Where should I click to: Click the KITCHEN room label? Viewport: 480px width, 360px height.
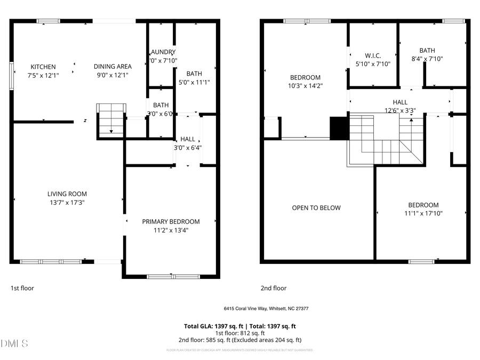point(43,67)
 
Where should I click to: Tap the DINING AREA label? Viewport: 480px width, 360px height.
point(113,67)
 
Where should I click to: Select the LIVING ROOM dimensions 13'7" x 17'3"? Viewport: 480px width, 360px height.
point(67,203)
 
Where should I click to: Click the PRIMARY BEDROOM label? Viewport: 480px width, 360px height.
point(171,221)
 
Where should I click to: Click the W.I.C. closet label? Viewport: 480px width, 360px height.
point(373,55)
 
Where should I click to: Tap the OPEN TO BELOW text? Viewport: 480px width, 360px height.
point(316,208)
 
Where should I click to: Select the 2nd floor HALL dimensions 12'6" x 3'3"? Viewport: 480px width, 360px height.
point(400,111)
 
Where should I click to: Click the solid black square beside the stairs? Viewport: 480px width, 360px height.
point(339,129)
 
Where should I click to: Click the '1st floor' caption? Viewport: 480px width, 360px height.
point(22,288)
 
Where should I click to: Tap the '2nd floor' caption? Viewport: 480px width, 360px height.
point(273,288)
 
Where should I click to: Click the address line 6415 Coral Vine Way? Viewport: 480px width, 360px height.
point(266,309)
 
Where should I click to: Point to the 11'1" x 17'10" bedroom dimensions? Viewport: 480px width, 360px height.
point(423,213)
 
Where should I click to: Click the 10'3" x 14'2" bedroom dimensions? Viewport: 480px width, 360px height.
point(305,85)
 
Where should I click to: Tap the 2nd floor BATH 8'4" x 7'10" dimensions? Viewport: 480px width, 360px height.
point(427,59)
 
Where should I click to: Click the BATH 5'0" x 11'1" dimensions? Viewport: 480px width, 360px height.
point(194,83)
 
